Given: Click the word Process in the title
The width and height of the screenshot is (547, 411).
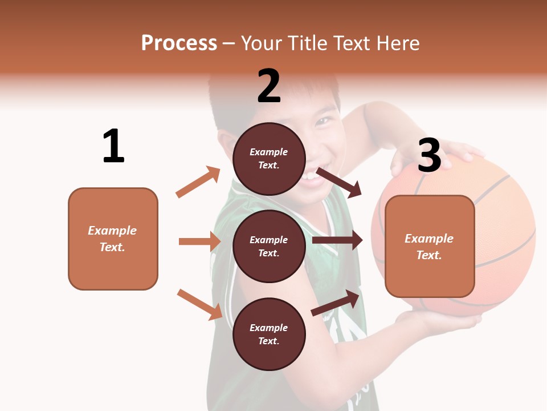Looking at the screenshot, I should tap(179, 43).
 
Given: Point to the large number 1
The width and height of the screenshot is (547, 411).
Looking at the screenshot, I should tap(113, 146).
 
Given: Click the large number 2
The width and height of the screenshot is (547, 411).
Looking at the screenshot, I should tap(269, 86).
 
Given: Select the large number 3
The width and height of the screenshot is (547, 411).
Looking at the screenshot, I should tap(429, 155).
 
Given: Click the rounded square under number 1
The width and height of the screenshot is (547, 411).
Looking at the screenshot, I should tap(113, 239).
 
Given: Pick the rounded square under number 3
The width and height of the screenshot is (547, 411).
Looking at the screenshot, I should tap(430, 246).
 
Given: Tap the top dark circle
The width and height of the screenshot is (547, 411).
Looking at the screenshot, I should tap(269, 158).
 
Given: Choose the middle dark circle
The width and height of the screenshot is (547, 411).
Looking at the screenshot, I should tap(269, 246).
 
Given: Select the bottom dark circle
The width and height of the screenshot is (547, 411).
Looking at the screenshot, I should tap(269, 334).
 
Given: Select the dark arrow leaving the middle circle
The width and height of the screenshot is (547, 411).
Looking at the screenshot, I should tap(337, 240).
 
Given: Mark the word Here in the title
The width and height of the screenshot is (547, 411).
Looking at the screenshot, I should tap(398, 43).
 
